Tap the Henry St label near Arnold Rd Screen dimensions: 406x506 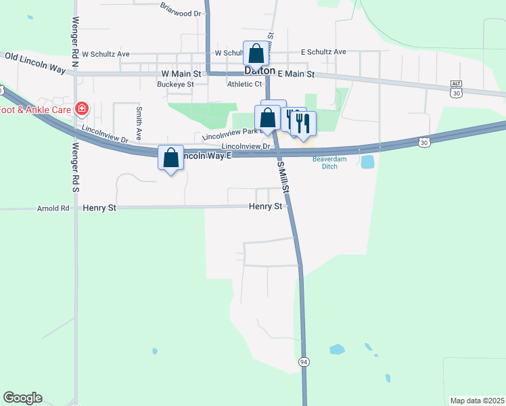click(x=99, y=208)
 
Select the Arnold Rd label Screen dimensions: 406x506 click(x=54, y=208)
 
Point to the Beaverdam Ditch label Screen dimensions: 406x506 click(x=329, y=162)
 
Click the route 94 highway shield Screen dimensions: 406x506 click(x=304, y=363)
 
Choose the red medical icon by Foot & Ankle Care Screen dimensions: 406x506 click(x=83, y=108)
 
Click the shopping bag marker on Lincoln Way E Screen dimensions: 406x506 click(x=170, y=158)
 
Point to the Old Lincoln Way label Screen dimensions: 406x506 click(x=34, y=63)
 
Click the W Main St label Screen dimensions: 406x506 click(x=181, y=74)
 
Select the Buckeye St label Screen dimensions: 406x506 click(x=175, y=85)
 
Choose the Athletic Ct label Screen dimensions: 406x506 click(x=244, y=84)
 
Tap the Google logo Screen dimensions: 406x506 click(x=22, y=398)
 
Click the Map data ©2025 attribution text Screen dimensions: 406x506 click(x=476, y=401)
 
